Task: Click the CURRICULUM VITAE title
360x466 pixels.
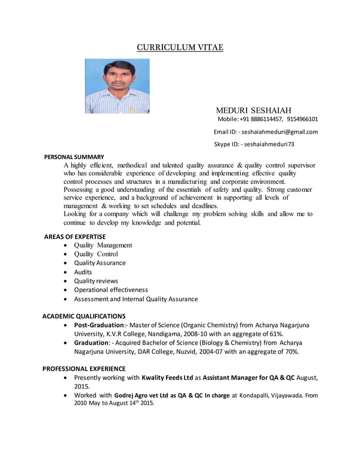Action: (180, 47)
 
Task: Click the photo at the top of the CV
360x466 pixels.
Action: (117, 86)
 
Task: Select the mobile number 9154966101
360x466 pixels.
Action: (302, 119)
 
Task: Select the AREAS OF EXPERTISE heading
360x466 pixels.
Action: (74, 236)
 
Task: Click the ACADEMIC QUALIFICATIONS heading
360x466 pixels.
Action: (84, 316)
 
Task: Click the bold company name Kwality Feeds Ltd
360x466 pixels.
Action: (168, 378)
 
